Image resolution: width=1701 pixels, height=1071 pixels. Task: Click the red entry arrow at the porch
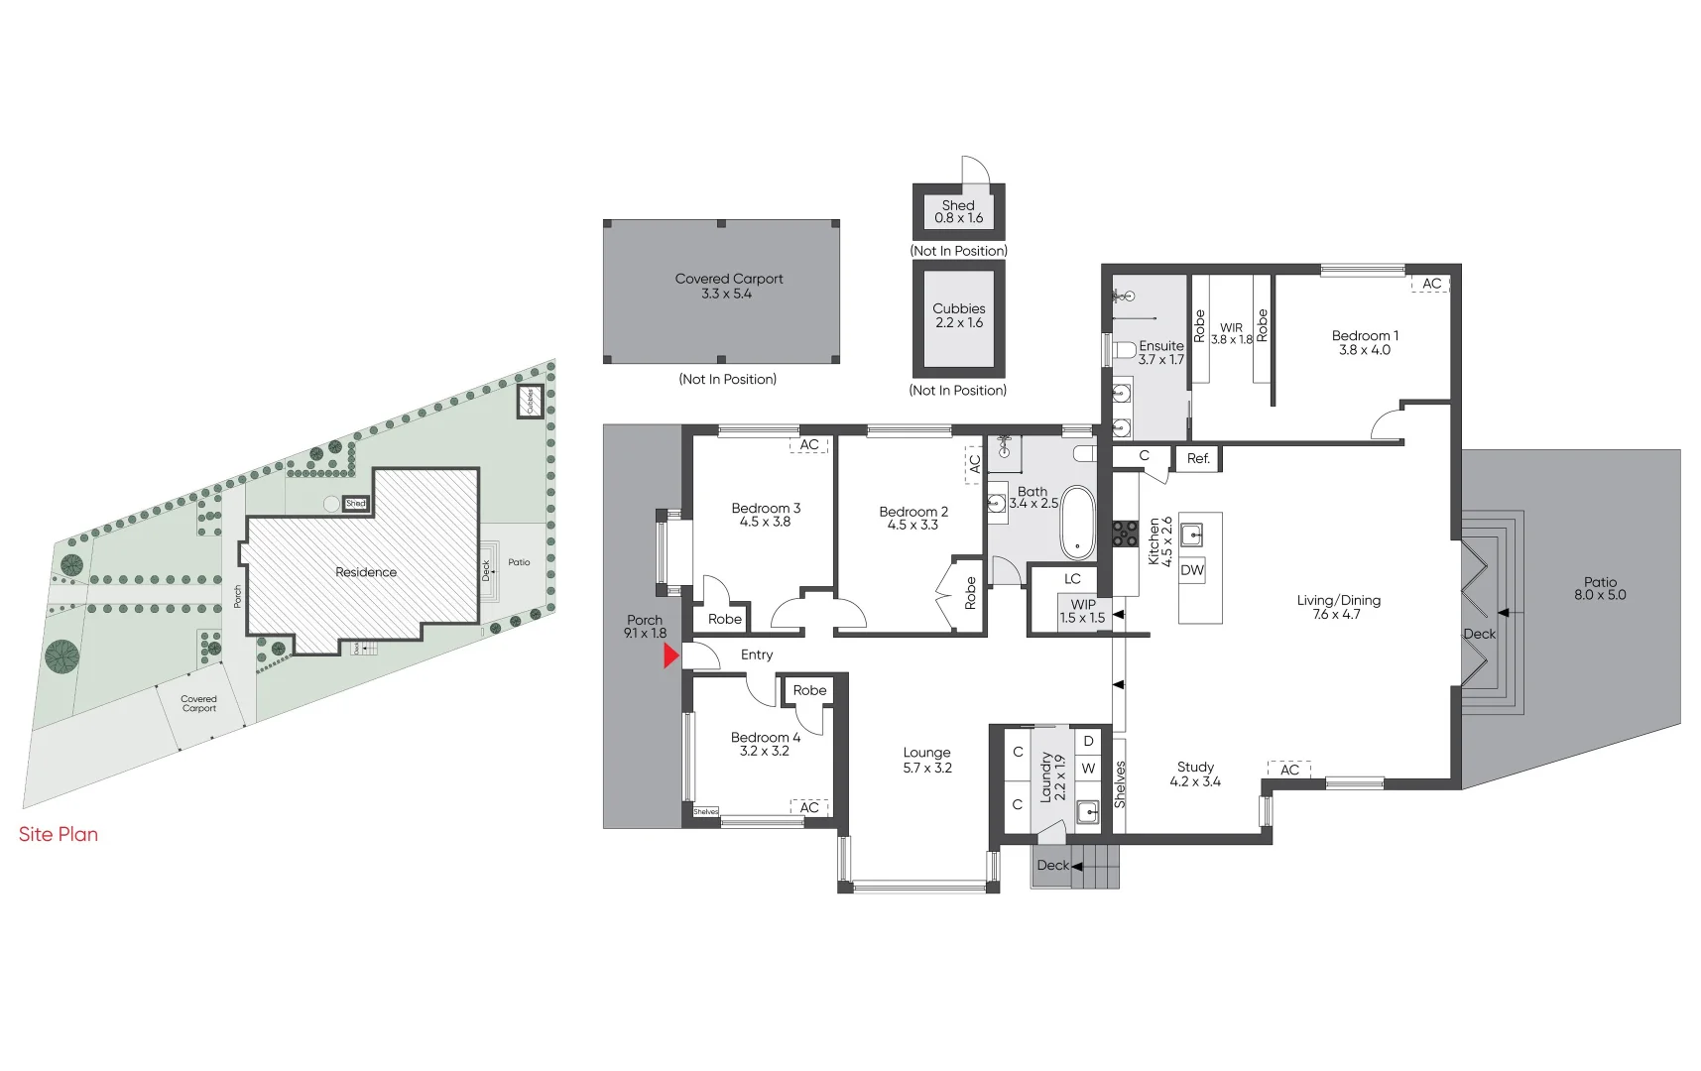(x=671, y=656)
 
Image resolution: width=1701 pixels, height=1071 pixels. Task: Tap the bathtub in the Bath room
(x=1077, y=523)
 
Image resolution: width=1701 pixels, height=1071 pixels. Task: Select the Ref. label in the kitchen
(x=1198, y=458)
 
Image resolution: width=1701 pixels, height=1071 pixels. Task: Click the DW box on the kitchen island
(x=1192, y=570)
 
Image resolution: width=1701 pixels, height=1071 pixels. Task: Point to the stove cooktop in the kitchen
(x=1125, y=535)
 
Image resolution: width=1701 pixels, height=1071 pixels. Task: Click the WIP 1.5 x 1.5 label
(x=1082, y=611)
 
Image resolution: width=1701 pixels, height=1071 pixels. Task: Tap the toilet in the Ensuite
(x=1123, y=350)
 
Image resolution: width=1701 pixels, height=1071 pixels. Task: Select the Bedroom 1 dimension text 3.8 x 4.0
(x=1365, y=350)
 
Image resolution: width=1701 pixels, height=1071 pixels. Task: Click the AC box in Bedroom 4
(x=809, y=807)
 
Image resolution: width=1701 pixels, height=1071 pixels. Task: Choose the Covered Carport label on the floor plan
(x=729, y=286)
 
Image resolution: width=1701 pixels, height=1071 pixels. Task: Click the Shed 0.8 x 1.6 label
(x=959, y=211)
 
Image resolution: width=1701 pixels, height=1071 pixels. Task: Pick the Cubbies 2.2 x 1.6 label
(x=959, y=315)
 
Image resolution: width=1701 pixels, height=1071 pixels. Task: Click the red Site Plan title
(x=59, y=834)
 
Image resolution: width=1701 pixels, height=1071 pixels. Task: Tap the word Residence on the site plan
(x=366, y=572)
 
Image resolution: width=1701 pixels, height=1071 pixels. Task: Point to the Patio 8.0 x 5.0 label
(x=1600, y=589)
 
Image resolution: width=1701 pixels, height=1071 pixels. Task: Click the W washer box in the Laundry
(x=1088, y=769)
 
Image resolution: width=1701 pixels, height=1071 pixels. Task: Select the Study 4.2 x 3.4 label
(x=1195, y=774)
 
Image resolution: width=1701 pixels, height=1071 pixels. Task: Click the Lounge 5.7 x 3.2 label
(x=927, y=761)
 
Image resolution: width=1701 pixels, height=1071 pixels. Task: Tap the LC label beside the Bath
(x=1072, y=579)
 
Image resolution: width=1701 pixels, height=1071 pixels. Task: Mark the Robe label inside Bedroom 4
(x=809, y=690)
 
